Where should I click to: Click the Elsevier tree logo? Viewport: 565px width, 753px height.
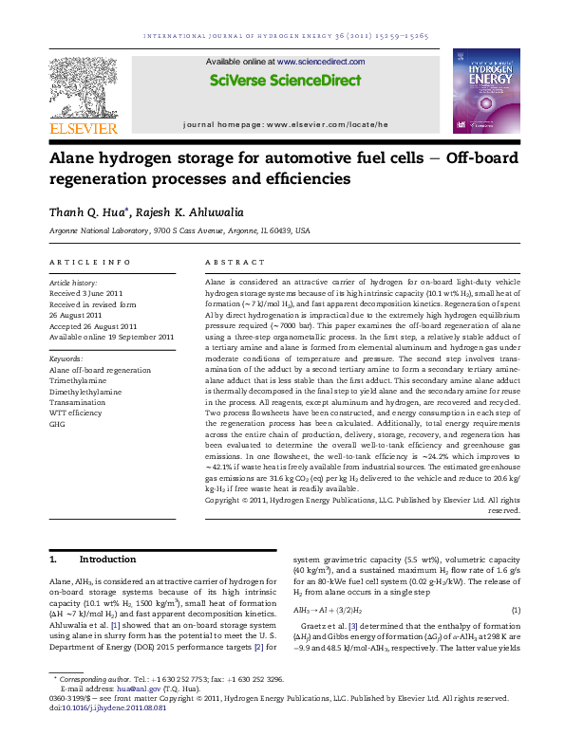(83, 84)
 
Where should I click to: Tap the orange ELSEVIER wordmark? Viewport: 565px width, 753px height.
(83, 128)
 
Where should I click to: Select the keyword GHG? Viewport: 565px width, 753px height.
(57, 425)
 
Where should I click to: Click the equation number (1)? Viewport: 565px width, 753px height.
(516, 612)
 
